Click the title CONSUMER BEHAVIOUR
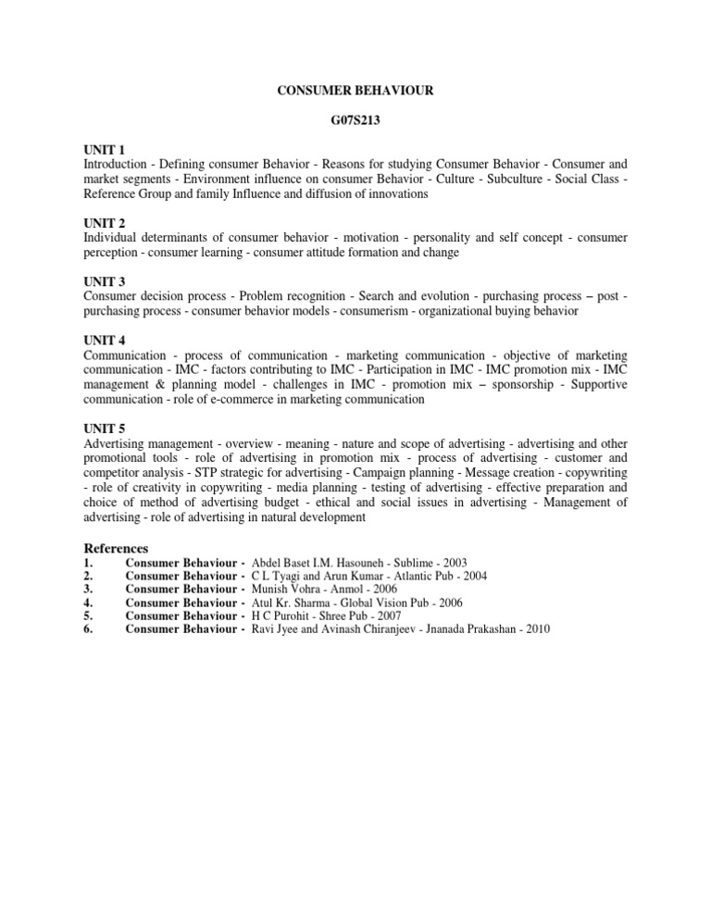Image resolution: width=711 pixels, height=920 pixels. click(356, 93)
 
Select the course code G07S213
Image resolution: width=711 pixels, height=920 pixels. click(356, 119)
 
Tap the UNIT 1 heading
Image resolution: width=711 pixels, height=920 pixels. click(104, 149)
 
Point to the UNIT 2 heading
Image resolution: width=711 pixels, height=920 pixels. click(104, 223)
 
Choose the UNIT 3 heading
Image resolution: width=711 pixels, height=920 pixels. click(104, 281)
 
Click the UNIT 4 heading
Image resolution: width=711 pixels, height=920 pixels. click(104, 341)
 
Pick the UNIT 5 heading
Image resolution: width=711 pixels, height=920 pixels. click(104, 429)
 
